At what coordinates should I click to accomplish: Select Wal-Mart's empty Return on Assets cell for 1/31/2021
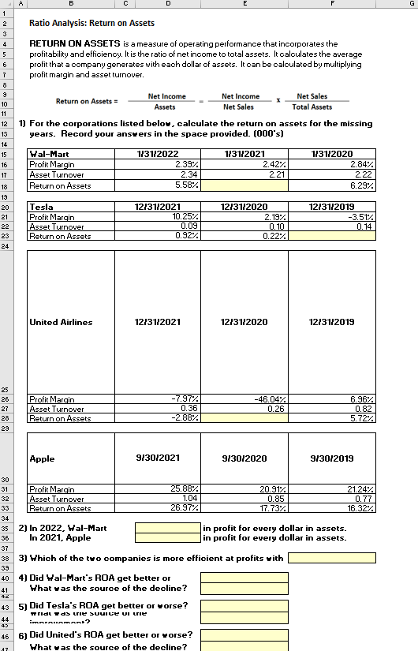point(245,186)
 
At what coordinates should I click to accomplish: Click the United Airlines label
point(61,322)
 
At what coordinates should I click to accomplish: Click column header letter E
point(245,5)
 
